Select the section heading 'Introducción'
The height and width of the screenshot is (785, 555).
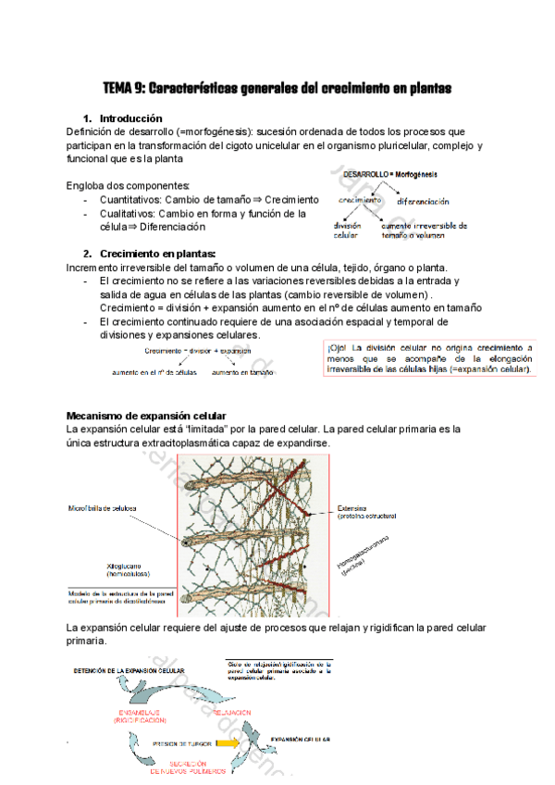(130, 118)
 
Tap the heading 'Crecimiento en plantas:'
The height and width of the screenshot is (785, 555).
(157, 254)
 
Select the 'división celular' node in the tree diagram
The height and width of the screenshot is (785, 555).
(348, 230)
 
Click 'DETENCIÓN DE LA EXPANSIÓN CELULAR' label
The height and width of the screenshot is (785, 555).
(127, 669)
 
